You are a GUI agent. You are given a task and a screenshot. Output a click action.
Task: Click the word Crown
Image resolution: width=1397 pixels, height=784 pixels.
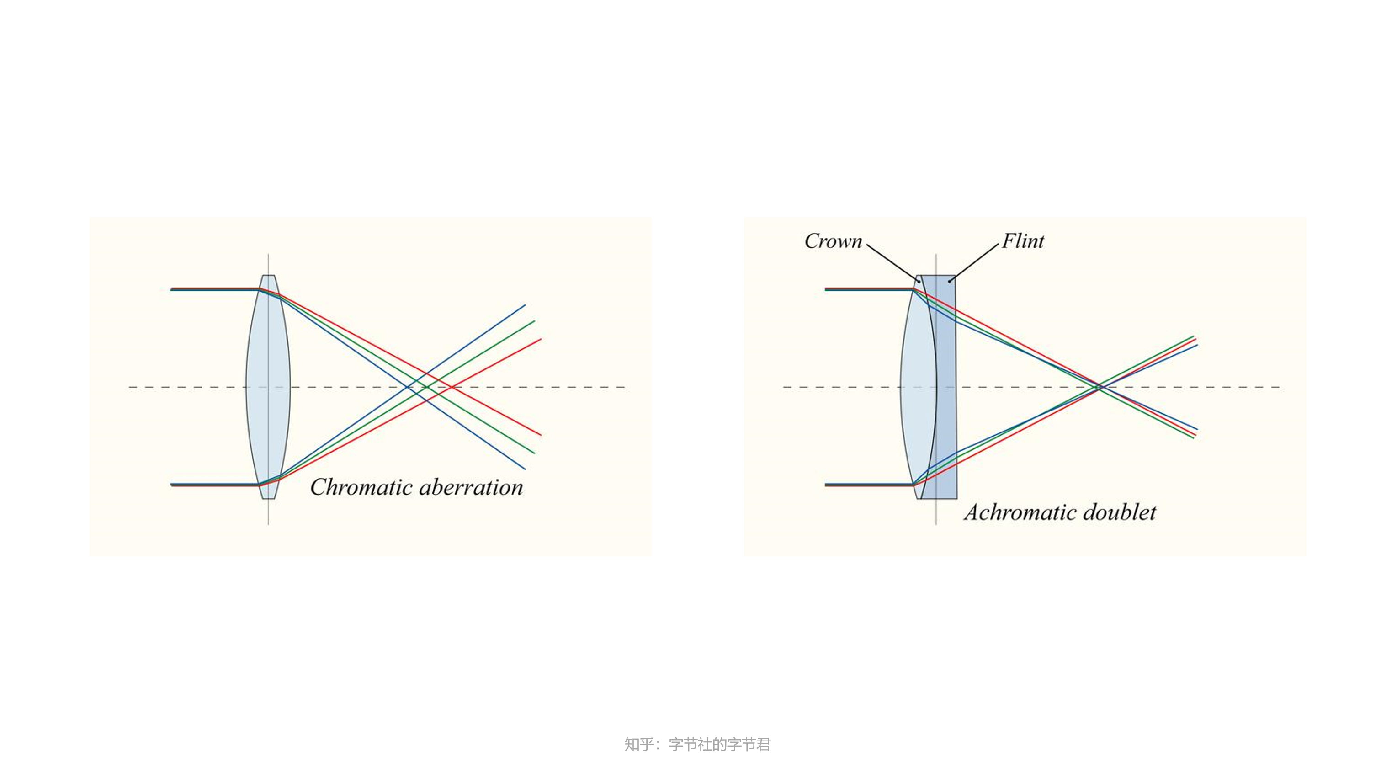tap(833, 241)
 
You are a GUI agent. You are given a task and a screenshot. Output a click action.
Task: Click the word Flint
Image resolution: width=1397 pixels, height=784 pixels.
tap(1022, 241)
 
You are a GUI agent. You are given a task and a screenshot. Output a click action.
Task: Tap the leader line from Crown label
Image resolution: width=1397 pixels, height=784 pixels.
tap(892, 262)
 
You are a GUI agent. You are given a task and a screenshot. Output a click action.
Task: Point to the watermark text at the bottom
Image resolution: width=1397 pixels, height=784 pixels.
tap(697, 744)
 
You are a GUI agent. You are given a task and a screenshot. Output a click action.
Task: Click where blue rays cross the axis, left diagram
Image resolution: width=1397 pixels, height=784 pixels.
tap(407, 387)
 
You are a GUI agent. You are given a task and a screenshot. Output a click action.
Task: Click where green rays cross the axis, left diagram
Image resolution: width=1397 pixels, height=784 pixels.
tap(427, 387)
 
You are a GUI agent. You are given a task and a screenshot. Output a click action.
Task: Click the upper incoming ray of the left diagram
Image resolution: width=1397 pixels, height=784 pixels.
tap(214, 289)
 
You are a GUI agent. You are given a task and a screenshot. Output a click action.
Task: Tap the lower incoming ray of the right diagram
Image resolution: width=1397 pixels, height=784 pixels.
tap(868, 485)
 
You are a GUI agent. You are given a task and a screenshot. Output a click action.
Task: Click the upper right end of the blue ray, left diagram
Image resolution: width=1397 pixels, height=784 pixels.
tap(525, 305)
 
